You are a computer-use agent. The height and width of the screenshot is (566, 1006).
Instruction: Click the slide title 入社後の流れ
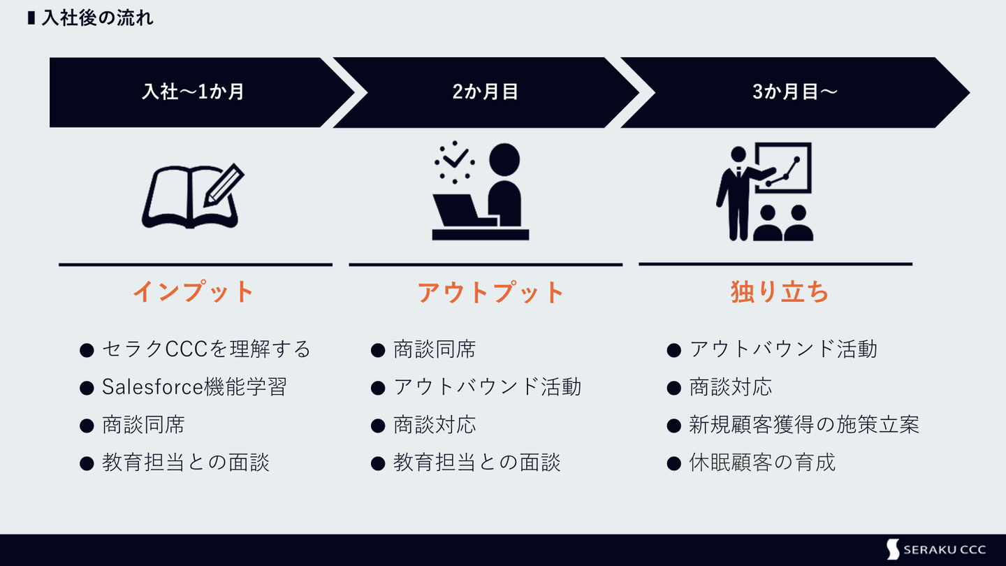tap(97, 18)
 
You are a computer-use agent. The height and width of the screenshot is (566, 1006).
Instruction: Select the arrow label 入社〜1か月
tap(193, 92)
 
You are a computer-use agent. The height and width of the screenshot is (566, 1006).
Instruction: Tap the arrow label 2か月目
tap(486, 92)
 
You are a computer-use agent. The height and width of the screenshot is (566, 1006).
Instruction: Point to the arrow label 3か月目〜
tap(794, 92)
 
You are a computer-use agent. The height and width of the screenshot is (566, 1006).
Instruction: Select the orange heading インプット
tap(194, 292)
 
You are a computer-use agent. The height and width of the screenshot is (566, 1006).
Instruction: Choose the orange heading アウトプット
tap(490, 292)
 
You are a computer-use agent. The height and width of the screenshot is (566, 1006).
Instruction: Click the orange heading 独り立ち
tap(780, 292)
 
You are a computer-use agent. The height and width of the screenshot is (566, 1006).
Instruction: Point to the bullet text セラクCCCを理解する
tap(206, 349)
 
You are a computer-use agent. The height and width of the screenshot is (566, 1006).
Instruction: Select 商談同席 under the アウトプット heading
tap(435, 349)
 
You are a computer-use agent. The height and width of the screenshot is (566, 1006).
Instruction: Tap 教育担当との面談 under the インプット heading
tap(186, 462)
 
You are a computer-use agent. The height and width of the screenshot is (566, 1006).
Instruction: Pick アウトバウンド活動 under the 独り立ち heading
tap(783, 349)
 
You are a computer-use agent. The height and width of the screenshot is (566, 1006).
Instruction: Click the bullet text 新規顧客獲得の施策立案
tap(804, 424)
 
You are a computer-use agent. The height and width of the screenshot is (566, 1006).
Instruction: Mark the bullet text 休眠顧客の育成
tap(762, 462)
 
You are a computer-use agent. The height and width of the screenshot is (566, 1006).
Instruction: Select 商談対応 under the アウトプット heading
tap(435, 424)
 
